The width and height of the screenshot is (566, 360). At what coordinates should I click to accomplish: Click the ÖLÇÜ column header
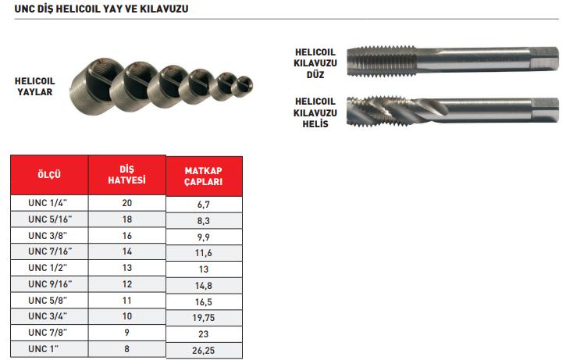(49, 175)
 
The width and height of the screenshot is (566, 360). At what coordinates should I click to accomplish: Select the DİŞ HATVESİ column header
(126, 175)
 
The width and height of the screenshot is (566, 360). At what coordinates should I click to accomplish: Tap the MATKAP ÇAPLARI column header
(204, 176)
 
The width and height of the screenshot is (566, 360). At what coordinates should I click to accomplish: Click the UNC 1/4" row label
(48, 203)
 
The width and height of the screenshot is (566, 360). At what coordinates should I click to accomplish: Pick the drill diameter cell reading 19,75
(204, 318)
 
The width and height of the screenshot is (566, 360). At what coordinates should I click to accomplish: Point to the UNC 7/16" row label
(50, 251)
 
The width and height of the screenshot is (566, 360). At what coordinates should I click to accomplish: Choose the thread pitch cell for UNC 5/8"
(126, 301)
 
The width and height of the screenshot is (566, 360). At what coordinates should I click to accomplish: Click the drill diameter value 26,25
(204, 351)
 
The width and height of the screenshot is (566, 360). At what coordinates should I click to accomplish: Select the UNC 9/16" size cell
(49, 284)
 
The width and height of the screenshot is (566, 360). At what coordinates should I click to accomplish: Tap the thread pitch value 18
(127, 219)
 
